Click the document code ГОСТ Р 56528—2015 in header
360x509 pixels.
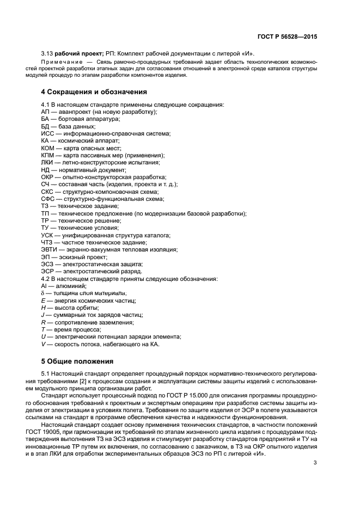pos(286,38)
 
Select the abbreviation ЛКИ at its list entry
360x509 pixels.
pos(47,162)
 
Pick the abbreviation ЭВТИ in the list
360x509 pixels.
pos(50,249)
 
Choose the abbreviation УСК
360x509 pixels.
pos(48,235)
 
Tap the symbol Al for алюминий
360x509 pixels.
pos(44,286)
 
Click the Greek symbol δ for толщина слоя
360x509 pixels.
pos(43,293)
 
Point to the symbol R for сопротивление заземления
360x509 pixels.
pos(43,322)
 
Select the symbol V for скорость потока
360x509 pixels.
pos(43,344)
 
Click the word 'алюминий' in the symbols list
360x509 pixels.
pos(68,286)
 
